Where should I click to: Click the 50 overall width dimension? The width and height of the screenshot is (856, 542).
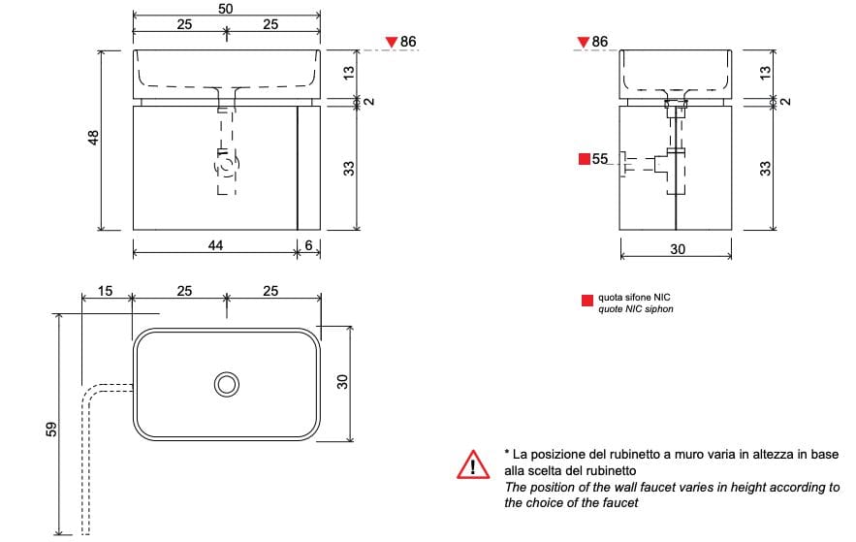click(x=226, y=8)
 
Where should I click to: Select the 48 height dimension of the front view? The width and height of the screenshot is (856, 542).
click(x=94, y=140)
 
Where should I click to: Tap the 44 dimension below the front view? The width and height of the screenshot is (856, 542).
click(x=215, y=245)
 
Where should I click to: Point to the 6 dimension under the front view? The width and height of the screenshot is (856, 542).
click(x=308, y=245)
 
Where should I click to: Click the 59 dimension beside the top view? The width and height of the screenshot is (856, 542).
click(x=51, y=428)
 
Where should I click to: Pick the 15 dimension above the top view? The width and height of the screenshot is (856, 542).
click(x=106, y=291)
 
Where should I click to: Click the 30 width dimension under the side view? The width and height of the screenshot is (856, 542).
click(x=677, y=249)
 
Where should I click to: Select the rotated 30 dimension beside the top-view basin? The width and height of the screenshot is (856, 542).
click(x=341, y=382)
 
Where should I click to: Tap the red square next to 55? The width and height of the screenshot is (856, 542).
click(x=584, y=159)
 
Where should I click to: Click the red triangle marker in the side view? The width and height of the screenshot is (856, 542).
click(x=582, y=42)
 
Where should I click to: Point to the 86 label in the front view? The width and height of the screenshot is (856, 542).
click(x=408, y=42)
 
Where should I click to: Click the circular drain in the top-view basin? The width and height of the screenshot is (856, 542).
click(x=227, y=384)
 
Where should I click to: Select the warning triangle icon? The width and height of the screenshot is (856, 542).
click(x=472, y=465)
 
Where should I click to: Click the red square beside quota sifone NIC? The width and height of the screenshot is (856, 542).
click(x=587, y=300)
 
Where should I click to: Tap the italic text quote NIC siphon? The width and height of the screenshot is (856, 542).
click(x=635, y=309)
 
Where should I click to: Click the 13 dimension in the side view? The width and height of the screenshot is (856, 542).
click(x=765, y=72)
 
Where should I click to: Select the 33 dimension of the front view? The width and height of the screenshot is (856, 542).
click(x=349, y=168)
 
